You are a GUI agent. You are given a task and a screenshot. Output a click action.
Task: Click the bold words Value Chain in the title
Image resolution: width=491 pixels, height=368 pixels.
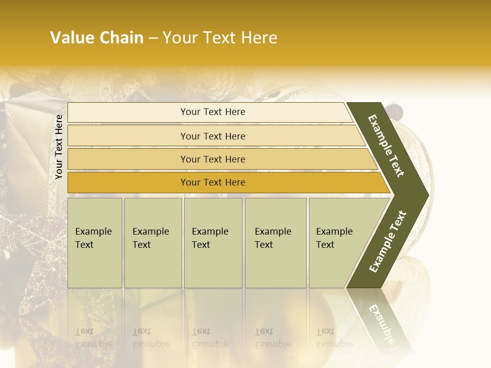pos(97,38)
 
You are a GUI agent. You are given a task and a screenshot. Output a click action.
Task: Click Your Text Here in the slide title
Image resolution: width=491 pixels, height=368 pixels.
pos(220,38)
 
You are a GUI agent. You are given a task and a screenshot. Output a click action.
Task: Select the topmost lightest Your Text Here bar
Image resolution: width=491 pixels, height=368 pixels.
pos(212,112)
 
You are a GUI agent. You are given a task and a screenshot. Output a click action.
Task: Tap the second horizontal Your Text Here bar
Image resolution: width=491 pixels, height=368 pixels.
pos(212,136)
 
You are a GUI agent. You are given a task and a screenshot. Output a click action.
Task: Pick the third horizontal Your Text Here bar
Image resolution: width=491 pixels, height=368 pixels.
pos(212,159)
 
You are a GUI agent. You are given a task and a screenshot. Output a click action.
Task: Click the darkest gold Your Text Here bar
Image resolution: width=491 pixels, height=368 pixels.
pos(212,182)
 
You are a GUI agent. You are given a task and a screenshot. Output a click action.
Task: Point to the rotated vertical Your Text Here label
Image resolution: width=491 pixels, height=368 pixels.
pos(59,147)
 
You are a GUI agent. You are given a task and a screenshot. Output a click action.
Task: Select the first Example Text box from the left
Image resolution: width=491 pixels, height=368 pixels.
pos(95,243)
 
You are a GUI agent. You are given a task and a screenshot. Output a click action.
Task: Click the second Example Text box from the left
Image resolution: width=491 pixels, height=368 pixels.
pos(152,243)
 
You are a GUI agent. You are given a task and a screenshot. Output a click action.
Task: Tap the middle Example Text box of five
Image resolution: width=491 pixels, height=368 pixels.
pos(213,243)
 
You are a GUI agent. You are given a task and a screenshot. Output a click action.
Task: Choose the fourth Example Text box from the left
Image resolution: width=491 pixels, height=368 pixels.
pos(275,243)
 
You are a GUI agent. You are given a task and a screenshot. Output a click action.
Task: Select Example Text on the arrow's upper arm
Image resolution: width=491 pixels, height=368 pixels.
pos(386,146)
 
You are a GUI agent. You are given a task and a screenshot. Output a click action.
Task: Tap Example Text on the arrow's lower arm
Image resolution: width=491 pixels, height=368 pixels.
pos(388,241)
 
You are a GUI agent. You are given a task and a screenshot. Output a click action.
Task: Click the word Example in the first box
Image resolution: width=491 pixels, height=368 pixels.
pos(93,232)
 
